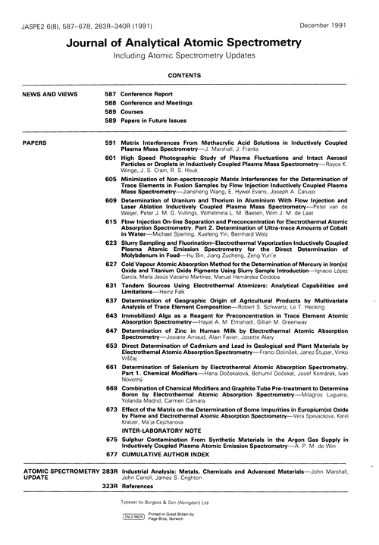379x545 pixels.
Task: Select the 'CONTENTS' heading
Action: click(x=189, y=77)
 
